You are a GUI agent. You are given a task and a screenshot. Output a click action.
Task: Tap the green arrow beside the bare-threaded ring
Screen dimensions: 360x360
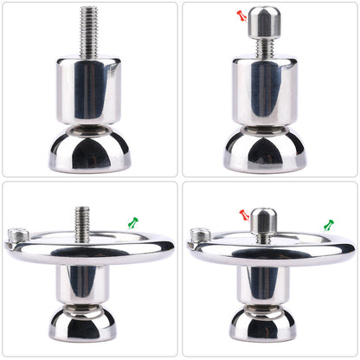pyautogui.click(x=132, y=223)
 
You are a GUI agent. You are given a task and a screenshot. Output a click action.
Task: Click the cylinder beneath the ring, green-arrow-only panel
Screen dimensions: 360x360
pyautogui.click(x=83, y=281)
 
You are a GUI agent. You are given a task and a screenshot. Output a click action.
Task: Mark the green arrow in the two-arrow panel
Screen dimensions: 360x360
pyautogui.click(x=329, y=226)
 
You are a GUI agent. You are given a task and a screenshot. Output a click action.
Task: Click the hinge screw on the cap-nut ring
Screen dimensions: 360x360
pyautogui.click(x=197, y=235)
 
